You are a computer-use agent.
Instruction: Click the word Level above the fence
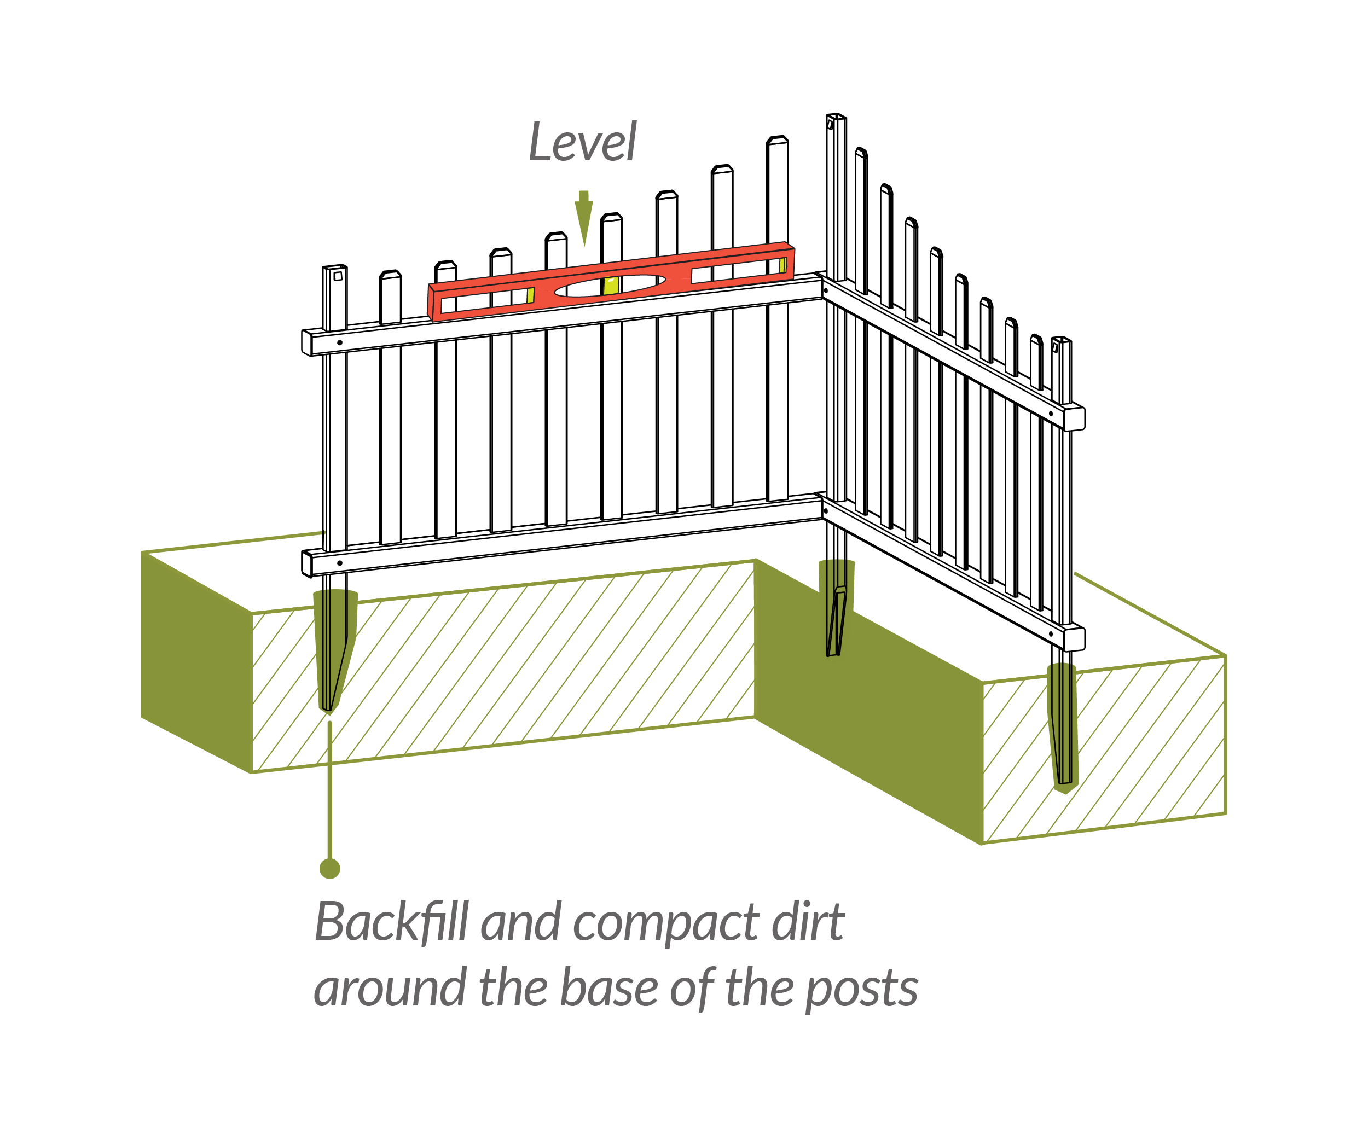[x=582, y=143]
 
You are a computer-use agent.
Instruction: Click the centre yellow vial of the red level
[x=610, y=285]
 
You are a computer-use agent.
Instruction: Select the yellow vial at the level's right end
[x=783, y=265]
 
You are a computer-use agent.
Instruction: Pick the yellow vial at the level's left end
[x=530, y=295]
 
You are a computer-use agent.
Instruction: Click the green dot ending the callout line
[x=330, y=868]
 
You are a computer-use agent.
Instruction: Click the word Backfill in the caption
[x=392, y=922]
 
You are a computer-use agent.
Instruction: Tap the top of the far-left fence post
[x=335, y=268]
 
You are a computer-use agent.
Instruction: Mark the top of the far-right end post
[x=1062, y=339]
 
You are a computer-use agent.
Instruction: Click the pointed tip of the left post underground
[x=329, y=707]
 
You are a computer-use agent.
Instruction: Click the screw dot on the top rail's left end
[x=339, y=342]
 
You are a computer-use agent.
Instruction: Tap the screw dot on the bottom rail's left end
[x=339, y=563]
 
